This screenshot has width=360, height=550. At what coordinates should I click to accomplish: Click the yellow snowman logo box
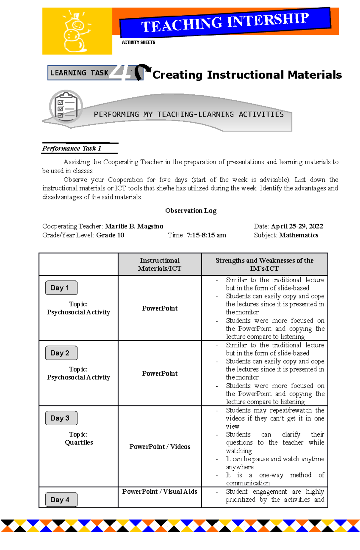pos(77,31)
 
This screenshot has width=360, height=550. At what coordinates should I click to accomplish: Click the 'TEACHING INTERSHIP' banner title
pos(225,22)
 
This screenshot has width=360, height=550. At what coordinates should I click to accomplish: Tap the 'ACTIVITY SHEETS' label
pos(138,43)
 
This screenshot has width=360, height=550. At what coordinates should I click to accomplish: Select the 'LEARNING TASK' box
pos(79,73)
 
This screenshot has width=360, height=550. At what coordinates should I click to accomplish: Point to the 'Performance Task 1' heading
pos(72,148)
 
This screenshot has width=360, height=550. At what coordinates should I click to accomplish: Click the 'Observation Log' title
pos(191,211)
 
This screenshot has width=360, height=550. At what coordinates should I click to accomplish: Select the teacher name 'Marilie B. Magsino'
pos(134,226)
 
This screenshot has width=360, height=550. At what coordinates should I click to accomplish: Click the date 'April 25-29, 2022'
pos(297,226)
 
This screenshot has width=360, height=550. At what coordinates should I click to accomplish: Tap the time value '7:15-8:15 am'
pos(206,235)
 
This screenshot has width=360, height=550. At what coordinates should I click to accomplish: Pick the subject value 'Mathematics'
pos(298,235)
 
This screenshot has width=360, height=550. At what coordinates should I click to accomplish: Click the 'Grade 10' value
pos(110,235)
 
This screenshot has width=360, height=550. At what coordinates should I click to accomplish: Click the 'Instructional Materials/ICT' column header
pos(160,264)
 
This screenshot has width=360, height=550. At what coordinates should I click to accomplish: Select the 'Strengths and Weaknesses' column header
pos(264,264)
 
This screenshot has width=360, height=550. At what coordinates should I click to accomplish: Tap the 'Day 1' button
pos(61,288)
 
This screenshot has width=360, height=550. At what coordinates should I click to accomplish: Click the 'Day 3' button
pos(61,418)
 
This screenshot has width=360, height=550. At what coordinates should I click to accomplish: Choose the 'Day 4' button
pos(61,500)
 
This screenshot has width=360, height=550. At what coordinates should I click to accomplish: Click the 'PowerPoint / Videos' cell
pos(160,447)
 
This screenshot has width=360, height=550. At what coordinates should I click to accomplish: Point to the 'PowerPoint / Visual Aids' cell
pos(160,492)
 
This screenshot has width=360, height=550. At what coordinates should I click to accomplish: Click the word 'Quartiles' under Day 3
pos(79,442)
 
